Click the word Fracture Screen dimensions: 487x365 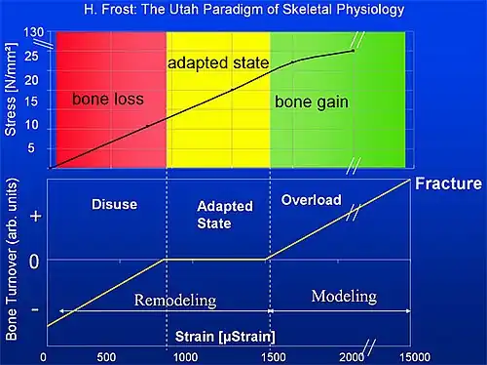coord(448,183)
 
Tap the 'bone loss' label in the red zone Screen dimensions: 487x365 coord(108,99)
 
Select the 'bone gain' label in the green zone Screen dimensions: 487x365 coord(312,102)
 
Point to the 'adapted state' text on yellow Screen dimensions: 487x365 coord(218,63)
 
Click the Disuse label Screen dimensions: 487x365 coord(115,205)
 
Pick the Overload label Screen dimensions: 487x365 coord(312,200)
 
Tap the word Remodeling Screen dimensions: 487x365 coord(175,301)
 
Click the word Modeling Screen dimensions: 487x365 coord(344,297)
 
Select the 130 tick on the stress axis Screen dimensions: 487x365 coord(33,32)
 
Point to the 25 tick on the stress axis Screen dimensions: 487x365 coord(31,57)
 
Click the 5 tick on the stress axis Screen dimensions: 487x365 coord(31,148)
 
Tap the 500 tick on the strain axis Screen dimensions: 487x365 coord(106,357)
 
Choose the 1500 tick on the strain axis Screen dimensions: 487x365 coord(274,357)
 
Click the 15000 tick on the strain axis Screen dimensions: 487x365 coord(415,357)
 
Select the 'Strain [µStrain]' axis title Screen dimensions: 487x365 coord(225,337)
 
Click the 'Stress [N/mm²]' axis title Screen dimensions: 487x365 coord(11,89)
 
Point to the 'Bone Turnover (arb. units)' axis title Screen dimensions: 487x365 coord(11,259)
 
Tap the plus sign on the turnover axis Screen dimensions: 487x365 coord(36,216)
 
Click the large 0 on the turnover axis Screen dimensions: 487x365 coord(34,262)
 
